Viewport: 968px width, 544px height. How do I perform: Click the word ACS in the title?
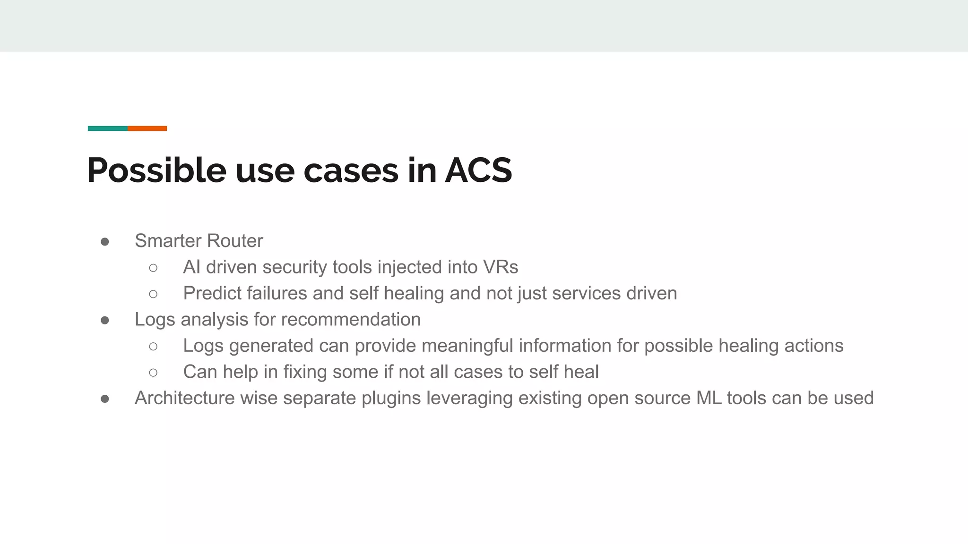[x=478, y=170]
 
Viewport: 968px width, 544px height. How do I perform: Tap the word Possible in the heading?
[x=156, y=170]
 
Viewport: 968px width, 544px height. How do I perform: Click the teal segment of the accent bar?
[x=108, y=128]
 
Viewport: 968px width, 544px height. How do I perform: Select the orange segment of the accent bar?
[x=147, y=128]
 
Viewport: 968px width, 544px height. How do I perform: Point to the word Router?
[x=235, y=241]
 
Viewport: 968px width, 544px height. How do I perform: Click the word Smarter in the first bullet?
[x=168, y=241]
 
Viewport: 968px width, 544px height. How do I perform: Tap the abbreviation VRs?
[x=501, y=267]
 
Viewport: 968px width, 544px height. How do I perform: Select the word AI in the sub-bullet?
[x=191, y=267]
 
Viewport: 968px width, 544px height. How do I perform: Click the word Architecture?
[x=184, y=398]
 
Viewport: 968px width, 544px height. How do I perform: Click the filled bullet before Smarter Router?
[x=105, y=242]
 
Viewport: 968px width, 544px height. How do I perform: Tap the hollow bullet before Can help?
[x=153, y=373]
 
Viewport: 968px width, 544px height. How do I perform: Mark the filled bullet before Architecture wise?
[x=105, y=399]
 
